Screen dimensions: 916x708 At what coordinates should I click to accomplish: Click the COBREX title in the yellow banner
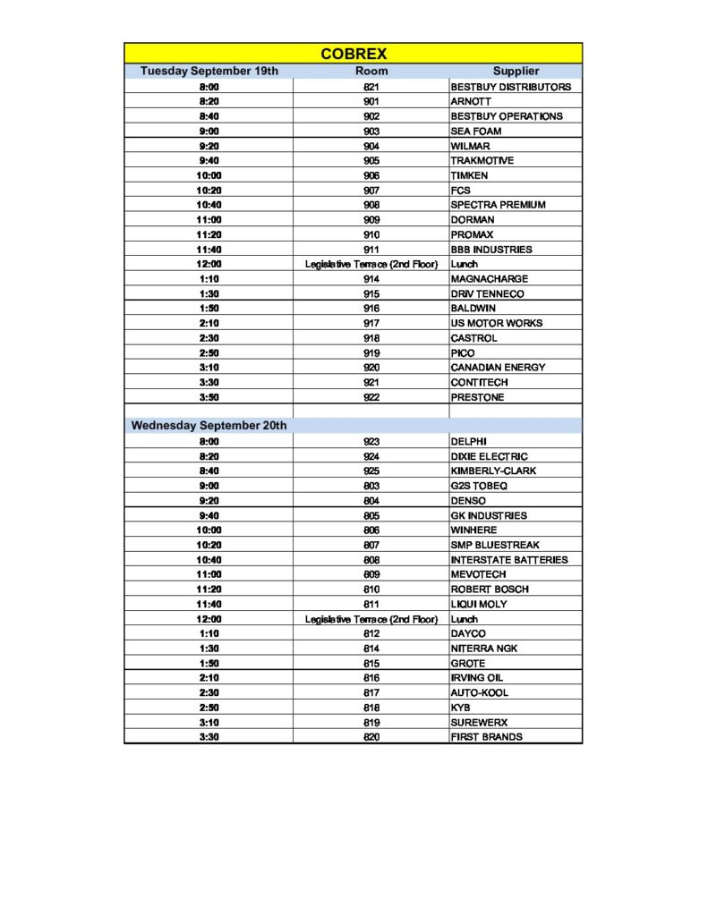coord(354,54)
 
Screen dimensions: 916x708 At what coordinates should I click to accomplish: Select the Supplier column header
coord(516,71)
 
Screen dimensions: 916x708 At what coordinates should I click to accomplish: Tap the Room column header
coord(371,71)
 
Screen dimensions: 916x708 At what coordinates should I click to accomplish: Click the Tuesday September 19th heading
coord(209,71)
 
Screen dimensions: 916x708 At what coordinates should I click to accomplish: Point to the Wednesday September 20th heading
coord(209,426)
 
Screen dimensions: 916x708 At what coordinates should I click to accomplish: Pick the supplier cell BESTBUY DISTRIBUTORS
coord(510,87)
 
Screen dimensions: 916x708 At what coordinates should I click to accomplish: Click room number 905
coord(371,161)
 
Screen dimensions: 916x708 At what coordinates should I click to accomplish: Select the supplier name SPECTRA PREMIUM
coord(498,205)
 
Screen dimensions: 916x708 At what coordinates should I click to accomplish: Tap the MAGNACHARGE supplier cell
coord(490,279)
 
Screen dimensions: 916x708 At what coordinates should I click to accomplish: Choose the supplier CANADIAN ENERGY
coord(498,368)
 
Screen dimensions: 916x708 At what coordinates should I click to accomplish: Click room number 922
coord(371,397)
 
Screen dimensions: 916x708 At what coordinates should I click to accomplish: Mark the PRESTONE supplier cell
coord(477,397)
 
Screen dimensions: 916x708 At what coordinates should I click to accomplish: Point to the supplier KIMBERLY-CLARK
coord(493,471)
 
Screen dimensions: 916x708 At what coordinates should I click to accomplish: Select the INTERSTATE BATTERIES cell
coord(509,560)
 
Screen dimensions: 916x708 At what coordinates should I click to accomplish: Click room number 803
coord(371,486)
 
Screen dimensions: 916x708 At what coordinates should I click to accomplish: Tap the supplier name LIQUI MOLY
coord(479,604)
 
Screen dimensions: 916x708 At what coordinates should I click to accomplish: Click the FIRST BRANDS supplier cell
coord(487,737)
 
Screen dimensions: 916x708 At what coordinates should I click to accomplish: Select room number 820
coord(371,737)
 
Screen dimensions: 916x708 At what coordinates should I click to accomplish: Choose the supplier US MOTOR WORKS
coord(497,323)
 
